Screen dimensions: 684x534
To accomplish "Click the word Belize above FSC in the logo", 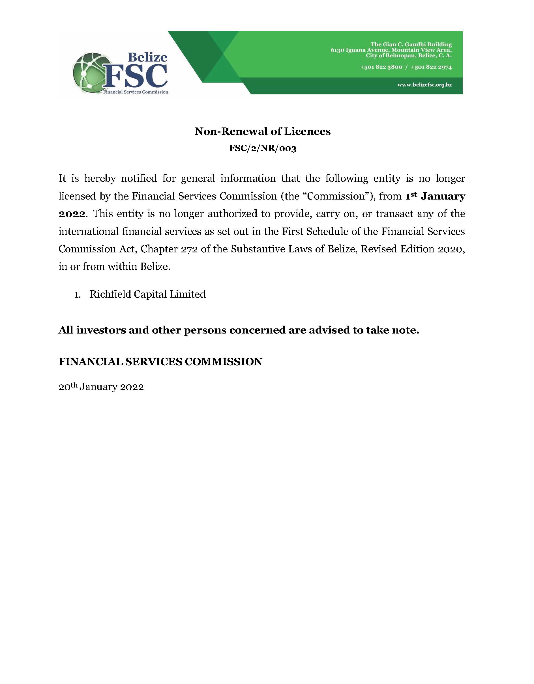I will [x=147, y=57].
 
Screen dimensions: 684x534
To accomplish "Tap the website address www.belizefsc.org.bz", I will [x=424, y=85].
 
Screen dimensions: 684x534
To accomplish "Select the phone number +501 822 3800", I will [x=381, y=67].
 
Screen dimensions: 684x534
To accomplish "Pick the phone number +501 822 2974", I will [x=431, y=67].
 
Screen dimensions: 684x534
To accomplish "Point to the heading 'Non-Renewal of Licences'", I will [x=262, y=131].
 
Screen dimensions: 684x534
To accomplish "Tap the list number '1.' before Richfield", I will [x=78, y=295].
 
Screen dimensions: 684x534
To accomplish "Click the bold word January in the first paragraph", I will [x=443, y=196].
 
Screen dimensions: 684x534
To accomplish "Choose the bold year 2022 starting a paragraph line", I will [x=72, y=214].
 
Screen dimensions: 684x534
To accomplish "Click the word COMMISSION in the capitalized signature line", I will [x=223, y=362].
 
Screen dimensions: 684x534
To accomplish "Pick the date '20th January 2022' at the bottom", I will [x=101, y=387].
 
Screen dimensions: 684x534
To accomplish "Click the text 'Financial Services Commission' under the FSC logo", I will [x=136, y=92].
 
